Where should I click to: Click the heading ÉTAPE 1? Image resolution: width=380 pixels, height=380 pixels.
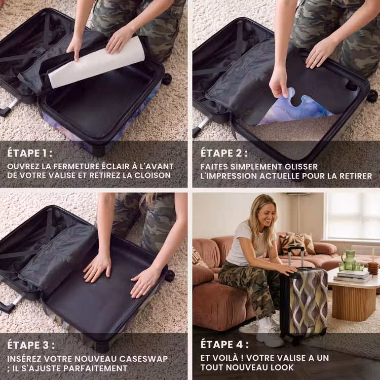(x=29, y=153)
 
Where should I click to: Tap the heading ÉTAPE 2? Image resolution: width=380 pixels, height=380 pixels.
(x=224, y=153)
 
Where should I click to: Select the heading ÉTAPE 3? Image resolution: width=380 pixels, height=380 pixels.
(x=31, y=345)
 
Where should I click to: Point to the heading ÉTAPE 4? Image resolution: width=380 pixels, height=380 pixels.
(x=224, y=345)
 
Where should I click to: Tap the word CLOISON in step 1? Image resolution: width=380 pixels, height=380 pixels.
(x=153, y=175)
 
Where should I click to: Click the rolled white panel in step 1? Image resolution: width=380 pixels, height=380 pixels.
(x=96, y=62)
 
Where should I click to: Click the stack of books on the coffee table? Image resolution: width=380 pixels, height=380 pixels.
(x=353, y=276)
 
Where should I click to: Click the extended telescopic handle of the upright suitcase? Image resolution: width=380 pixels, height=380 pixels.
(x=296, y=257)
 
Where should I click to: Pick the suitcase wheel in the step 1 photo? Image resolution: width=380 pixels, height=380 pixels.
(x=167, y=79)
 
